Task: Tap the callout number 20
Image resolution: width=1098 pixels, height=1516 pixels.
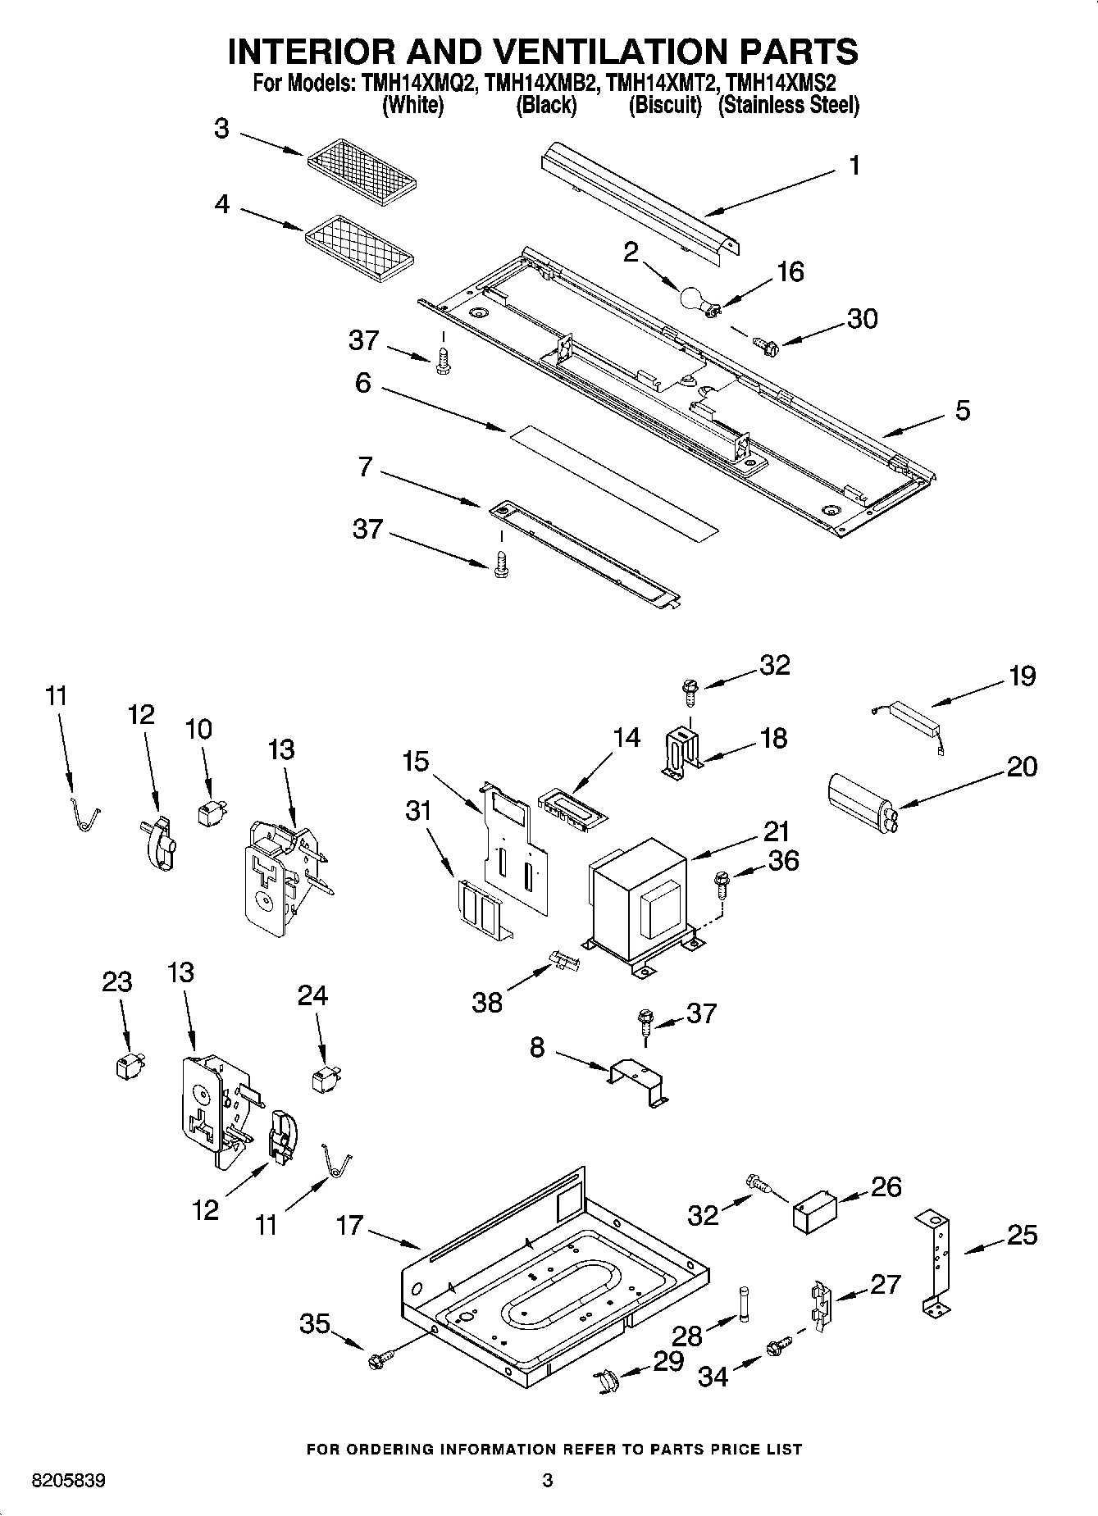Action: coord(1022,767)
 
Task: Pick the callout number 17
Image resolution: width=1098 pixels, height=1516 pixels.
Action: coord(350,1226)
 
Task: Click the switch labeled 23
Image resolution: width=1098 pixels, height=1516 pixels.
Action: coord(126,1066)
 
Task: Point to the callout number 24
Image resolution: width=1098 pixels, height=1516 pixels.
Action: coord(312,995)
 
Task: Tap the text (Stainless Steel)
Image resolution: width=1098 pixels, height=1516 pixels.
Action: coord(789,105)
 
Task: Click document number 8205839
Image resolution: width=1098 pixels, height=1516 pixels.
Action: coord(68,1482)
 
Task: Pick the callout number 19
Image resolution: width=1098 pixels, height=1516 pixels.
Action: coord(1022,676)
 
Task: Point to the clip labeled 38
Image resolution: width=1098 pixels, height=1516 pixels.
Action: coord(564,958)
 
